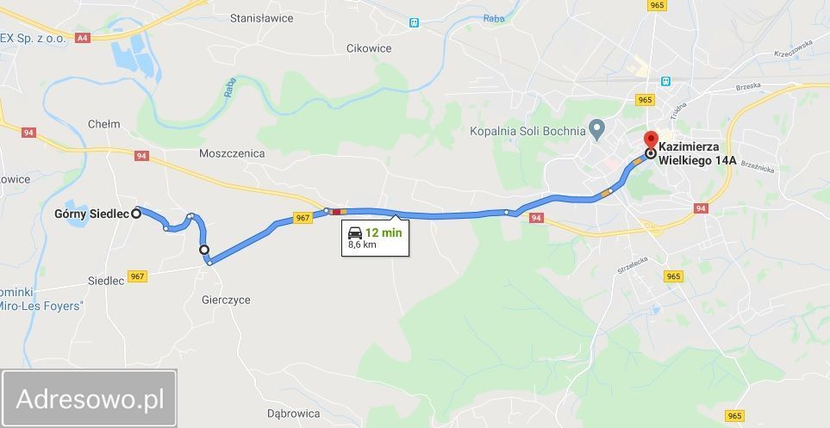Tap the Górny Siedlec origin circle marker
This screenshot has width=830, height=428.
136,214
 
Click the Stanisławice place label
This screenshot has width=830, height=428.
263,17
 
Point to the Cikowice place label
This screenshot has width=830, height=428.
369,48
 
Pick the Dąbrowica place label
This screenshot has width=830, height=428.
295,412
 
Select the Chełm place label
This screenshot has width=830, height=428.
103,124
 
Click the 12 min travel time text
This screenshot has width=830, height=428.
384,233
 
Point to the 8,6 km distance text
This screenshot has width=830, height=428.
362,245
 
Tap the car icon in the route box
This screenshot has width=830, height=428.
354,233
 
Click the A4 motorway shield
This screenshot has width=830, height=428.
83,38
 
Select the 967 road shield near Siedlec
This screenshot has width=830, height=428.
137,276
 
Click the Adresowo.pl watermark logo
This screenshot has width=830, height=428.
90,399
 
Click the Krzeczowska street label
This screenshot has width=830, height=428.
794,47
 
